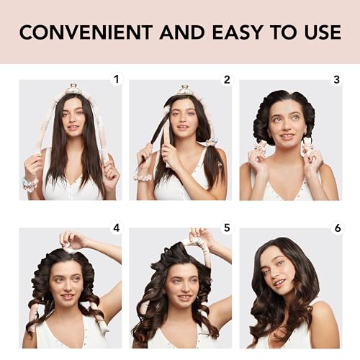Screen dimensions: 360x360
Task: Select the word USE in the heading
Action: pos(321,32)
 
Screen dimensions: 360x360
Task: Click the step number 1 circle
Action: pos(117,79)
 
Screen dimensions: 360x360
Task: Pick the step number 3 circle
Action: pos(336,79)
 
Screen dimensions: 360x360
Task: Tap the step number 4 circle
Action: pos(117,228)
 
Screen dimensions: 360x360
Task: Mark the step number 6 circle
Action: pos(336,228)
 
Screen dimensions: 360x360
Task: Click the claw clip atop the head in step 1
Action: pos(73,89)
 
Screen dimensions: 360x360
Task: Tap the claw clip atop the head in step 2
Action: pos(184,90)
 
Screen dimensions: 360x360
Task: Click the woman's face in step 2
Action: pos(183,120)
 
